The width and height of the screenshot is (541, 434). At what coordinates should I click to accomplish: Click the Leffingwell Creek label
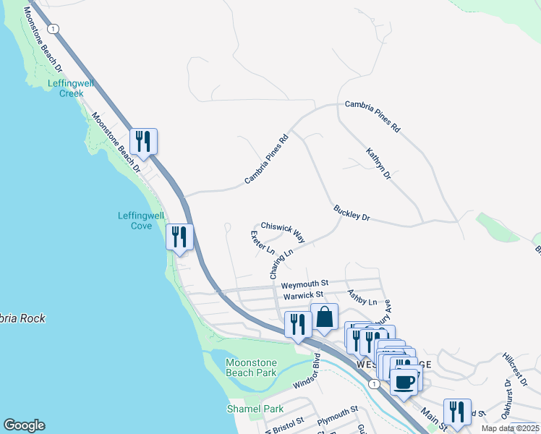point(66,88)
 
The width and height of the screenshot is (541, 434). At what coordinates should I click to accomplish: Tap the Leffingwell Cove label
point(135,221)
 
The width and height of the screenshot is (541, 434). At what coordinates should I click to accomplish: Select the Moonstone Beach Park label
point(250,367)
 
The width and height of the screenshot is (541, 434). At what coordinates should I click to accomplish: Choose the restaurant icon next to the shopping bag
point(297,325)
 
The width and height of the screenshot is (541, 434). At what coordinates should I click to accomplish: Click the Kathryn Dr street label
point(378,164)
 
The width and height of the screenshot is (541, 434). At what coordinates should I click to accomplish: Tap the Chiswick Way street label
point(283,231)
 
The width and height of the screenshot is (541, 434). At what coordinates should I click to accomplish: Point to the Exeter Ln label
point(263,243)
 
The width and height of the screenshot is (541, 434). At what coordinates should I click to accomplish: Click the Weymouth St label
point(304,283)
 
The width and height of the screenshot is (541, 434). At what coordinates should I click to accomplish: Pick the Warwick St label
point(302,295)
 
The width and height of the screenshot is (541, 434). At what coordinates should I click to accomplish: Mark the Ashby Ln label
point(362,297)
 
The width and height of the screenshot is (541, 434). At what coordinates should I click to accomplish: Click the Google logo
point(24,425)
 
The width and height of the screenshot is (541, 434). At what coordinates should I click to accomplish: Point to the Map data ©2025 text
point(510,428)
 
